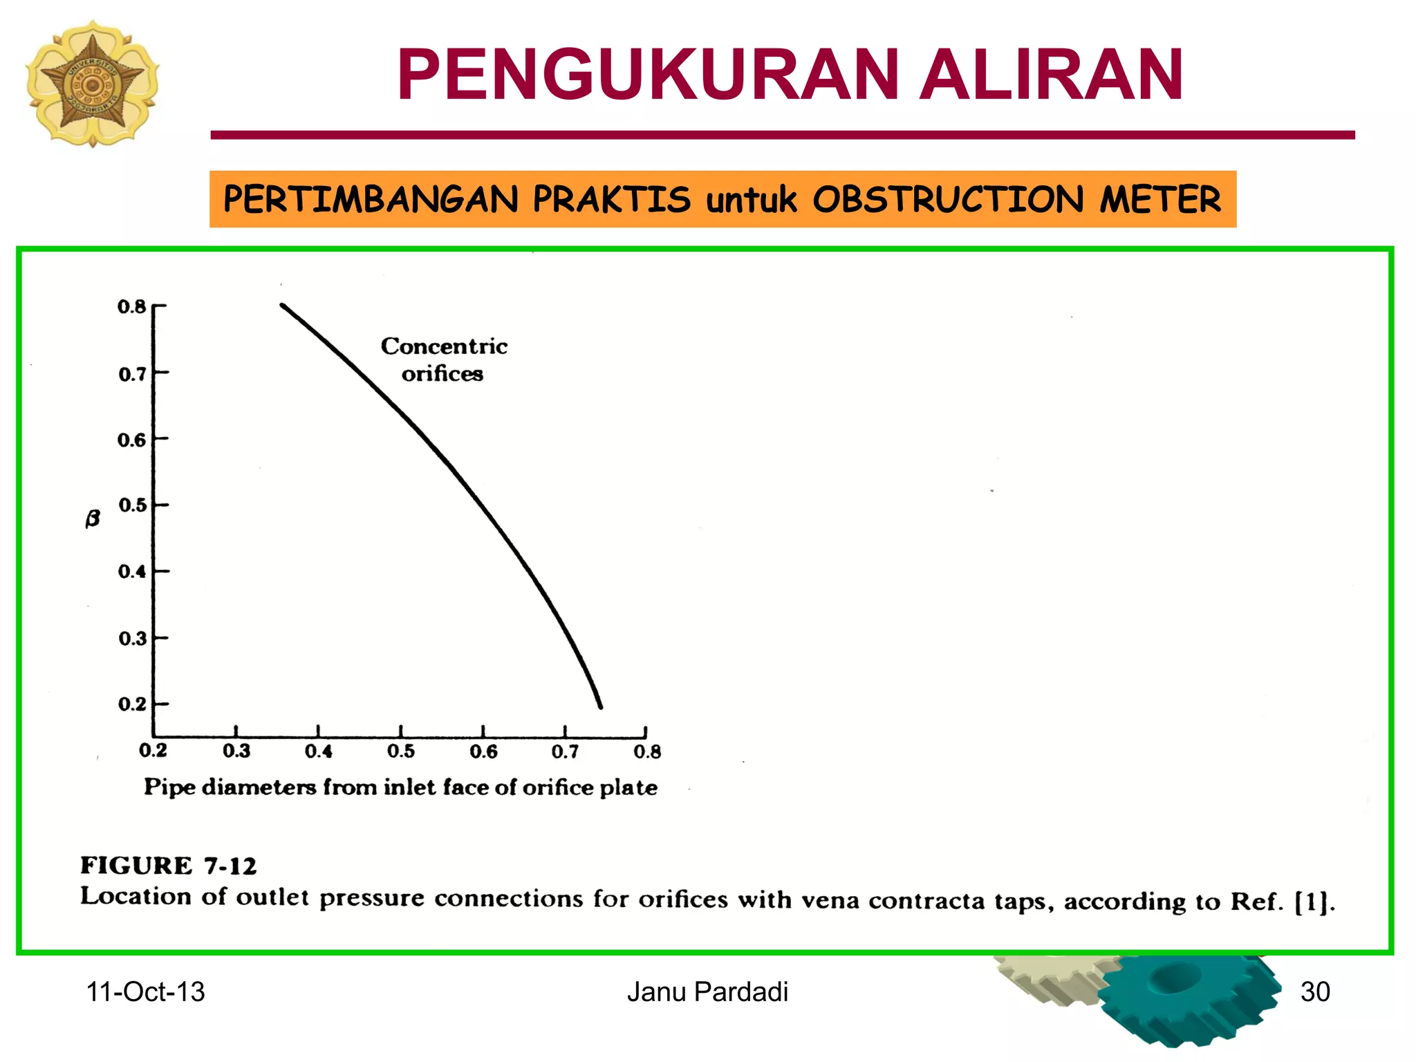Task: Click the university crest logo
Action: tap(92, 83)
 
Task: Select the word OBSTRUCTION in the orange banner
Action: tap(948, 199)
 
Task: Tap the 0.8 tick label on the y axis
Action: tap(131, 306)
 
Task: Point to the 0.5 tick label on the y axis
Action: tap(132, 505)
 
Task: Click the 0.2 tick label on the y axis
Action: tap(132, 704)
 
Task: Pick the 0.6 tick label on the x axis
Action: tap(483, 751)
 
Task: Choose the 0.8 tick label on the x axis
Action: tap(647, 751)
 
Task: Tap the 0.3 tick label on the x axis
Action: tap(236, 751)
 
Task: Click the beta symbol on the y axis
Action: tap(93, 518)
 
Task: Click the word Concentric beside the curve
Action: tap(444, 346)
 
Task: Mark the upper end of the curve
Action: tap(282, 305)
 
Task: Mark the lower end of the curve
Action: tap(600, 707)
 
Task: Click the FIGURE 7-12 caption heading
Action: tap(168, 866)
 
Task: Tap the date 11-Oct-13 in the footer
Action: tap(145, 992)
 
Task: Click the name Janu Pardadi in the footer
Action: tap(707, 992)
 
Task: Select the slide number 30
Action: tap(1315, 992)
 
